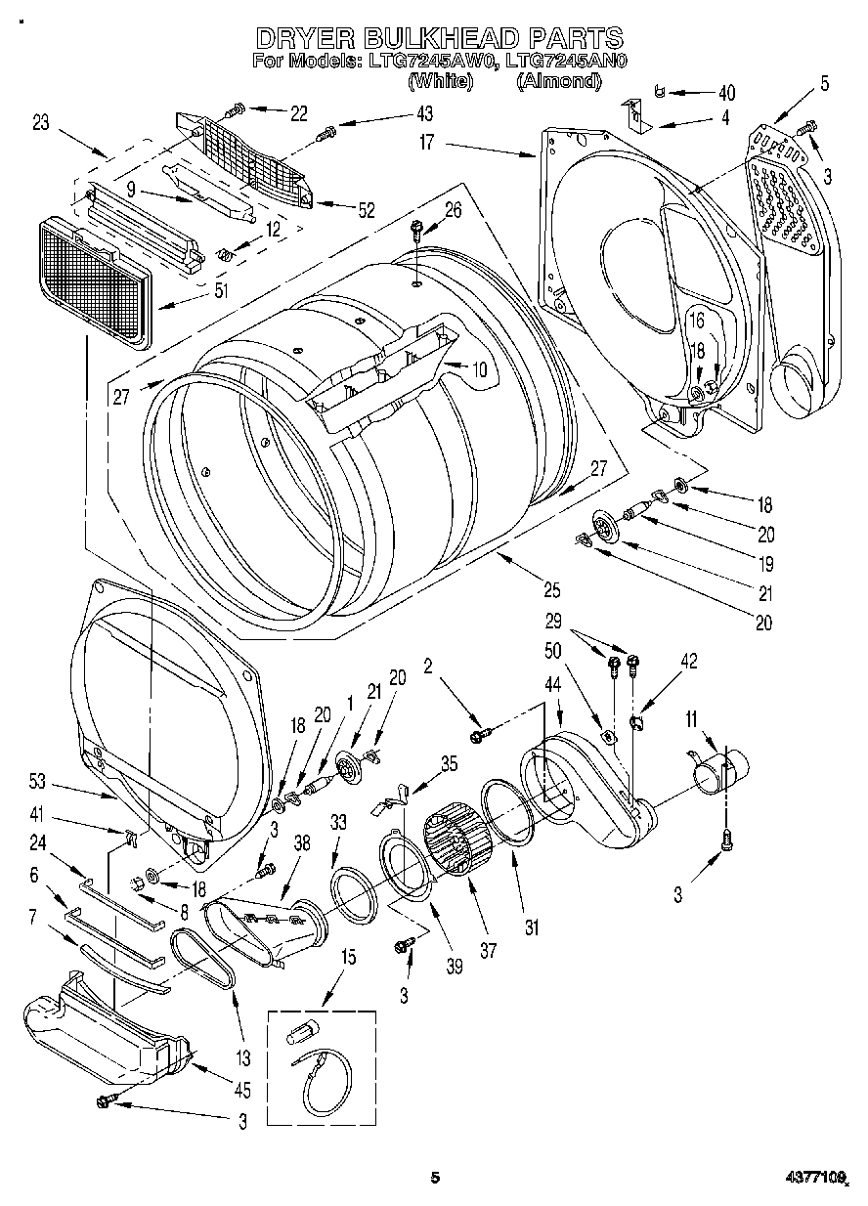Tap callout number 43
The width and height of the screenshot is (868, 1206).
422,114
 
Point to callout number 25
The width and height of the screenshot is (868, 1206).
551,589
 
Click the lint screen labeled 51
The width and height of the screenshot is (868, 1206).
95,279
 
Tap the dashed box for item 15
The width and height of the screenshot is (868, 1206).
322,1068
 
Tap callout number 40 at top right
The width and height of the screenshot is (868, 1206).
725,94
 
